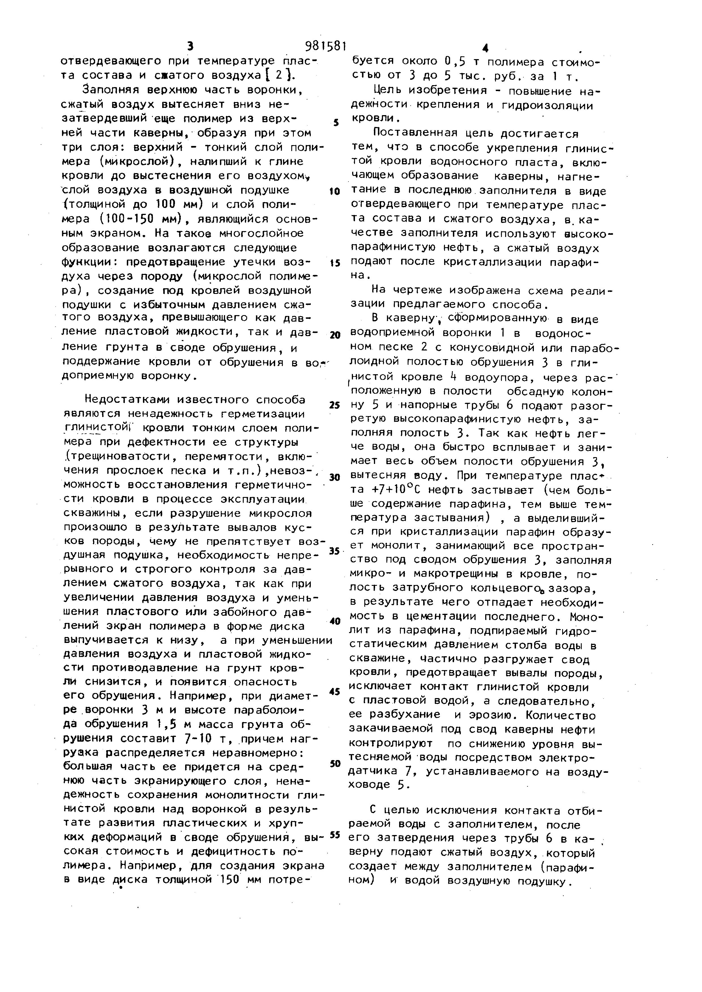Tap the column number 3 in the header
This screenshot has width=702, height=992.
[189, 46]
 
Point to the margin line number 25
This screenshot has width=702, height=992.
[334, 405]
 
